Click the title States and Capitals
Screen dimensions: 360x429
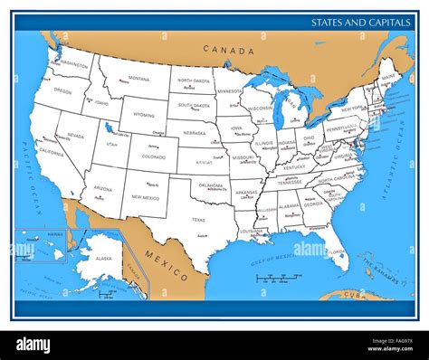point(360,22)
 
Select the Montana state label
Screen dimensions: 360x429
point(138,79)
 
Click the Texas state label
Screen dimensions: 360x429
point(198,219)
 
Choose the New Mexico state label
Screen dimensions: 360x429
point(146,196)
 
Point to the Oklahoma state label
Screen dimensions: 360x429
point(210,185)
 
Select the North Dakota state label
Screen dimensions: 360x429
point(193,81)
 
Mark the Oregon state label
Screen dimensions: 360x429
point(62,91)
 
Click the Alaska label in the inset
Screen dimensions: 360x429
point(104,259)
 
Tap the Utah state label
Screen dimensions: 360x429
point(111,144)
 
